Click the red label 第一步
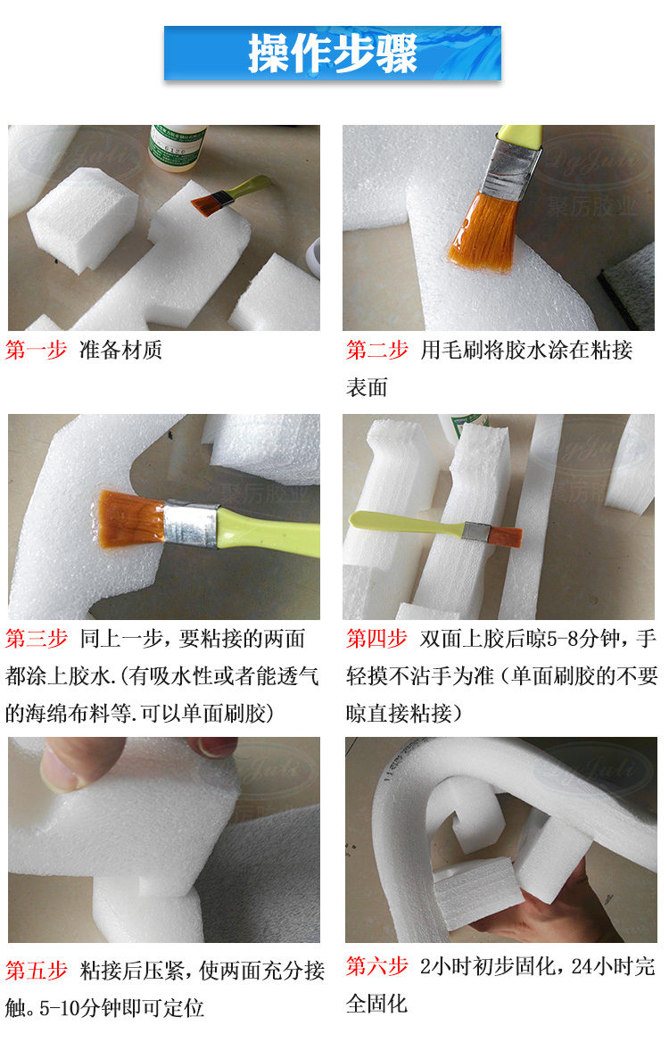(x=37, y=350)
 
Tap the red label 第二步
(x=377, y=350)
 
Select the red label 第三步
(x=37, y=639)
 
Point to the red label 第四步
(x=377, y=639)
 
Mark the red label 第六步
(x=377, y=965)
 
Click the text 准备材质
(x=120, y=350)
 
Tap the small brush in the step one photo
(x=227, y=194)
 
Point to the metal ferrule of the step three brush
(x=189, y=525)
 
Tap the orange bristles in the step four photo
(x=509, y=536)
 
